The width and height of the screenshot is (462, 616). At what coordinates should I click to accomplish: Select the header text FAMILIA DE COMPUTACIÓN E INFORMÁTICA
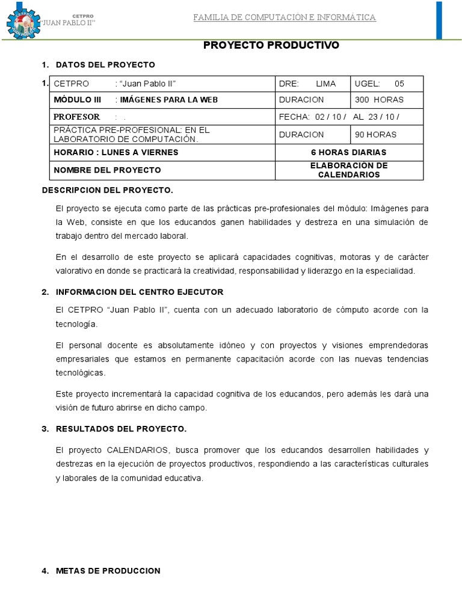coord(285,17)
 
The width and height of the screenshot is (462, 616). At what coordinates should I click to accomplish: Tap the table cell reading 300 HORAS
coord(380,100)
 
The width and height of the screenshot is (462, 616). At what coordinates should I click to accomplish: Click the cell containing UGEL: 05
coord(380,84)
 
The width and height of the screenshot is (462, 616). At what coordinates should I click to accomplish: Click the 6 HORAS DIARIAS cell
coord(349,152)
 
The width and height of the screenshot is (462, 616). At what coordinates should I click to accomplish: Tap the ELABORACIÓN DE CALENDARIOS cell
coord(349,170)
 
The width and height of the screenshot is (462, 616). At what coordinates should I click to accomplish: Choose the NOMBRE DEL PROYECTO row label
coord(107,170)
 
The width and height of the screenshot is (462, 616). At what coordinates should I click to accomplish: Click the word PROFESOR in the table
coord(77,117)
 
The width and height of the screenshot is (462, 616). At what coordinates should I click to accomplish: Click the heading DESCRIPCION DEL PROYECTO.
coord(107,190)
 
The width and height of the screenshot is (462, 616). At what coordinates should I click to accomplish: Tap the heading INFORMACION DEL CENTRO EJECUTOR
coord(139,292)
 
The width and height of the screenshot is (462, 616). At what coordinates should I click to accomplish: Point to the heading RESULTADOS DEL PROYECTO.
coord(121,429)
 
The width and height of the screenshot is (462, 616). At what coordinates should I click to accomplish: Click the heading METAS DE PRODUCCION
coord(108,571)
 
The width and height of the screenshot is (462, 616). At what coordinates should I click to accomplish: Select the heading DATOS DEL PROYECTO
coord(105,64)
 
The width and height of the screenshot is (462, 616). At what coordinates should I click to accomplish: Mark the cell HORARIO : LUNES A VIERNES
coord(116,152)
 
